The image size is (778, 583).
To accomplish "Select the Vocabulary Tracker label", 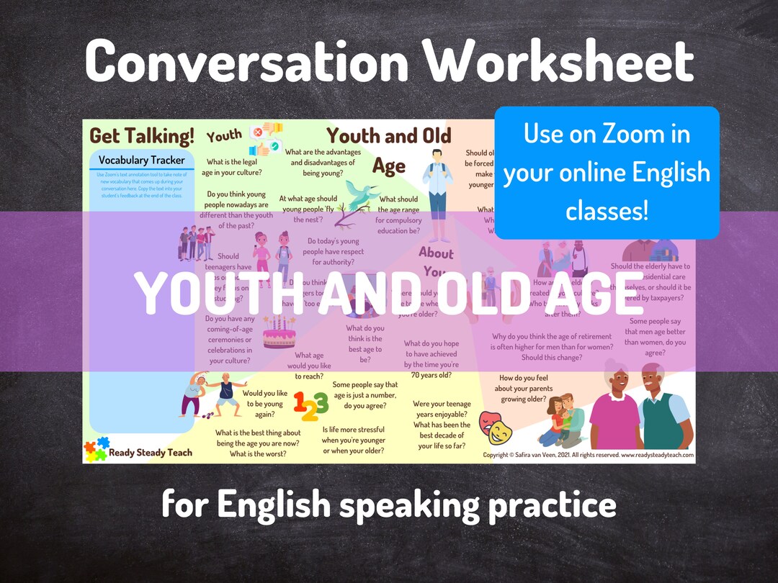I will pyautogui.click(x=141, y=160).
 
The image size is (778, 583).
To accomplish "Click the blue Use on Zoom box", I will pyautogui.click(x=607, y=172).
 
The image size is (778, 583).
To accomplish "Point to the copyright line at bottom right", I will pyautogui.click(x=588, y=456).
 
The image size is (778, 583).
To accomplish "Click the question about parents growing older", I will pyautogui.click(x=526, y=389).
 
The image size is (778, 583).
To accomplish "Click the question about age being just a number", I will pyautogui.click(x=365, y=395).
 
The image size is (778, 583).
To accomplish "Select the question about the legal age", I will pyautogui.click(x=234, y=167).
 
